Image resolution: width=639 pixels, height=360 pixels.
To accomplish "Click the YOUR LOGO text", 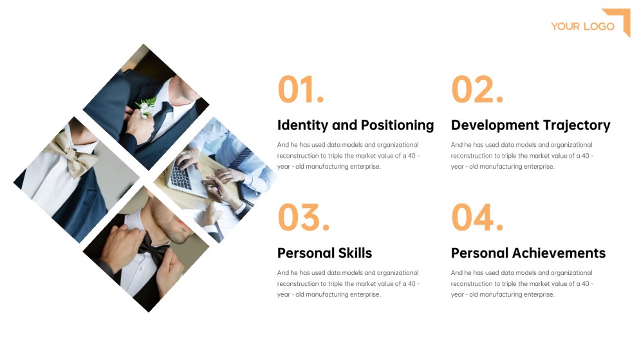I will (x=582, y=26).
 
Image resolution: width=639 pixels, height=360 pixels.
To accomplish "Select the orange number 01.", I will (x=300, y=90).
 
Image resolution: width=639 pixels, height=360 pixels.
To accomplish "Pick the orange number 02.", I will (x=476, y=90).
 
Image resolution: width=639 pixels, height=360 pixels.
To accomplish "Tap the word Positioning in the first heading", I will (x=397, y=126).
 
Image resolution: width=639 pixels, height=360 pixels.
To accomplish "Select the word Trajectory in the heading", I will (x=577, y=125).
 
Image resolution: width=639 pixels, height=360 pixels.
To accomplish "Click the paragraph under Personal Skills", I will (x=348, y=283).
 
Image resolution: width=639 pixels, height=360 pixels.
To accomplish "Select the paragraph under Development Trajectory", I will (x=522, y=155).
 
